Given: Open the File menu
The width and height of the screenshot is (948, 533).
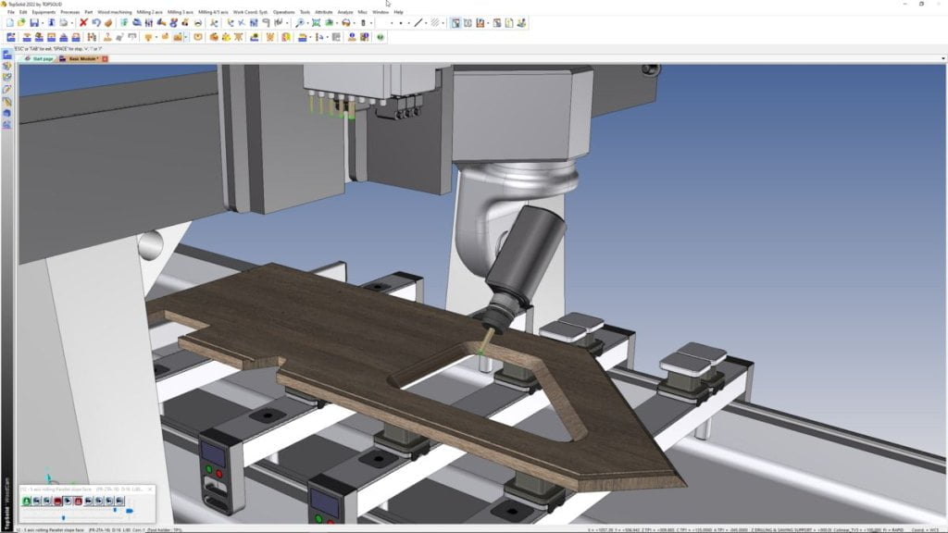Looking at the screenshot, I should (x=11, y=12).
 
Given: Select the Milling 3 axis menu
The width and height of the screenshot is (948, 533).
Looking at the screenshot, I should (x=181, y=12).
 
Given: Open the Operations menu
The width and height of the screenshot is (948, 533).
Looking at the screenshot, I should (x=283, y=12).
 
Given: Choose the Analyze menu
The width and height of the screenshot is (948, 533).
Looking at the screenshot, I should (x=345, y=12).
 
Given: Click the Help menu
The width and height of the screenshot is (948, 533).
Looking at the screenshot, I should (x=398, y=12).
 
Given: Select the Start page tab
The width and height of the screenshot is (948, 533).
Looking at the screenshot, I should (x=42, y=58).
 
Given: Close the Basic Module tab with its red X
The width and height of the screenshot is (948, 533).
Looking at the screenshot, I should (x=105, y=58).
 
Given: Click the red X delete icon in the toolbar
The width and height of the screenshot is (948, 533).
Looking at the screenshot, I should (x=83, y=22).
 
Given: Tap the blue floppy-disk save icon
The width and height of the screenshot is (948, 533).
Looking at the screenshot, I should (x=34, y=22).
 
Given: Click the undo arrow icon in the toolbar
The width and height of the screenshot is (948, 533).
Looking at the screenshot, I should (x=96, y=22).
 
